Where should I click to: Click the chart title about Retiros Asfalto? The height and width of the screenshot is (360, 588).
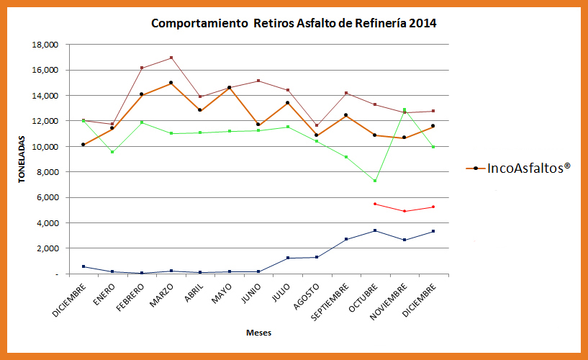294,23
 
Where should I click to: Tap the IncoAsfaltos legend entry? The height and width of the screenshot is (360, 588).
518,167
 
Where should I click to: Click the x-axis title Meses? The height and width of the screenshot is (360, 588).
258,333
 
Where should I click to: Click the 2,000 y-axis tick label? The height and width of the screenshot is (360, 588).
47,248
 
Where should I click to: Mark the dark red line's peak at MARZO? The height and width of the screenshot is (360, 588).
171,58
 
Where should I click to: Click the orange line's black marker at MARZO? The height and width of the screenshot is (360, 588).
171,83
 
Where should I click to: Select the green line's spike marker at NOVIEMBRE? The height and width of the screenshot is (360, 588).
404,110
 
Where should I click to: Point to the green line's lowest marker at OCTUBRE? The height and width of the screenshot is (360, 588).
375,181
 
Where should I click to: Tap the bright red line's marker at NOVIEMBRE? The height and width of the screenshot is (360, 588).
404,211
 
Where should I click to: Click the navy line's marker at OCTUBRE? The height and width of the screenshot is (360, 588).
375,230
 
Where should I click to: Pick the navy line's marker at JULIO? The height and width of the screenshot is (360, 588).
288,258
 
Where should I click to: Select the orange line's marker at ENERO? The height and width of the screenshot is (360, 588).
112,128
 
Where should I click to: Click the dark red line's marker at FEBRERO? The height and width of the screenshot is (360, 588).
142,68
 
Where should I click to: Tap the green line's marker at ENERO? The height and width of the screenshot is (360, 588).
112,152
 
